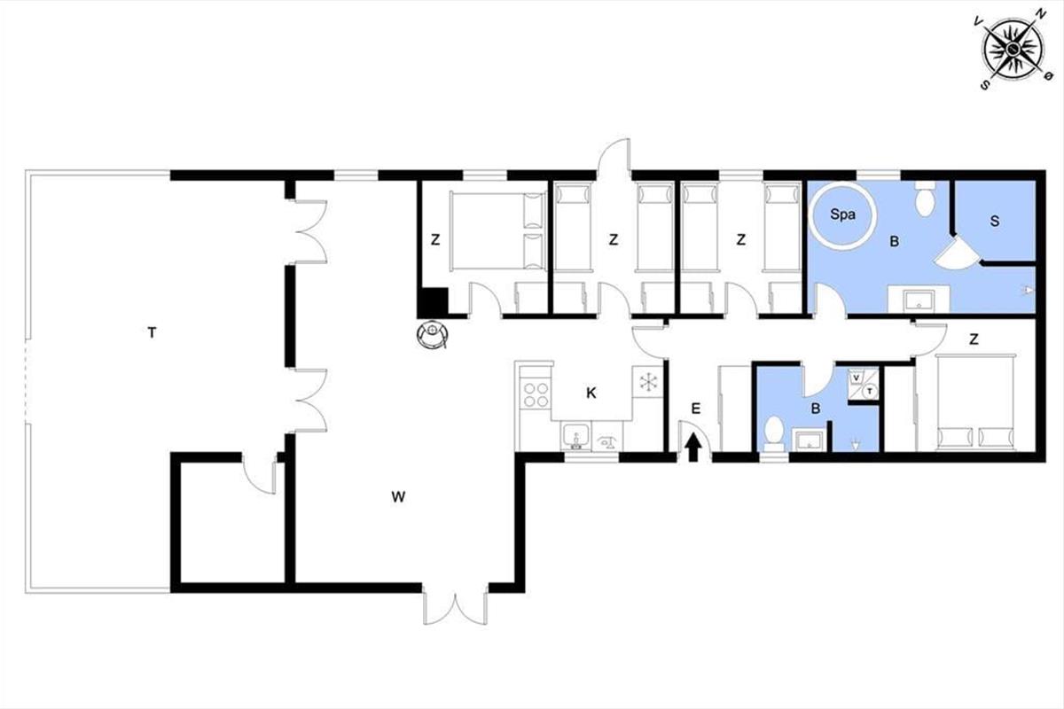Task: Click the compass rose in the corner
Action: pos(1013,50)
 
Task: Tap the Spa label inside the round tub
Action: pos(842,214)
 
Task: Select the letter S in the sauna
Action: pos(995,221)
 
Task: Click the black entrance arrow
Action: pos(694,448)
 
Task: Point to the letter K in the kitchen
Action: pos(591,393)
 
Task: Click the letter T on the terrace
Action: pos(152,333)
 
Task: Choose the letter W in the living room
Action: pos(398,496)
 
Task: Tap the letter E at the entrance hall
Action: pos(695,409)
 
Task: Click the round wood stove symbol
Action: pos(433,335)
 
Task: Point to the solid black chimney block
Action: pos(433,302)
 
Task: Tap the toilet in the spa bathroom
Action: pos(924,199)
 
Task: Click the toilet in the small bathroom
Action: pos(774,434)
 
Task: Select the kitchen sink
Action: pos(575,437)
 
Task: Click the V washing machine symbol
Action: pos(856,378)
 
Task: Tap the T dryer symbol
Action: pos(869,391)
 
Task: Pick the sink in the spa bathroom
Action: pos(919,300)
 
